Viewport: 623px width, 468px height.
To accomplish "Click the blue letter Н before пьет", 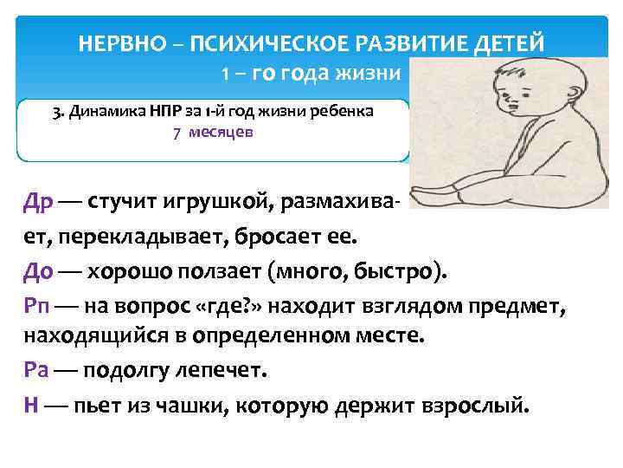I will pos(31,404).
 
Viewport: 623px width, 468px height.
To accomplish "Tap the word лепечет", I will pos(222,371).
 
